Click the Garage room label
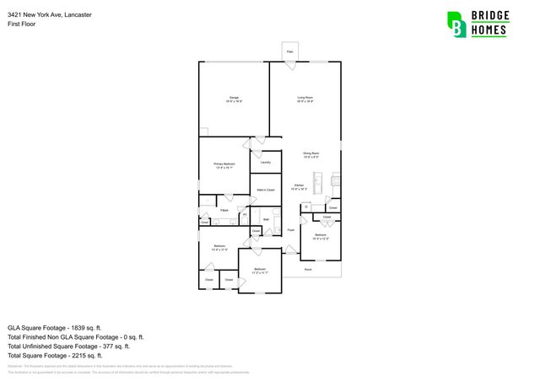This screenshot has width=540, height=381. tap(234, 99)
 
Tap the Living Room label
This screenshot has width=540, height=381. tap(305, 99)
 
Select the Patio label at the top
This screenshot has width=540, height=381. tap(289, 52)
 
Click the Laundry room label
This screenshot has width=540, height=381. tap(265, 162)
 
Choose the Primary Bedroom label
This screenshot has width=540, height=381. tap(224, 165)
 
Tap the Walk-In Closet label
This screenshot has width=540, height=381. tap(266, 190)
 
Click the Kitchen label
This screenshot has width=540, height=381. tap(299, 186)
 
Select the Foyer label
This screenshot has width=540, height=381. tap(290, 229)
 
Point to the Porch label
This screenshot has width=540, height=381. tap(308, 270)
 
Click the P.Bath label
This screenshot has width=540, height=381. tap(225, 210)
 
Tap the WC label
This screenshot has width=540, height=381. tap(245, 216)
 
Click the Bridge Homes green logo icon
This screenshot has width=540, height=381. tap(456, 24)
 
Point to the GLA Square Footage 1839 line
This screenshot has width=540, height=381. tap(55, 327)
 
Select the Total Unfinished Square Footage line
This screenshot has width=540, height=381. tap(68, 346)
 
